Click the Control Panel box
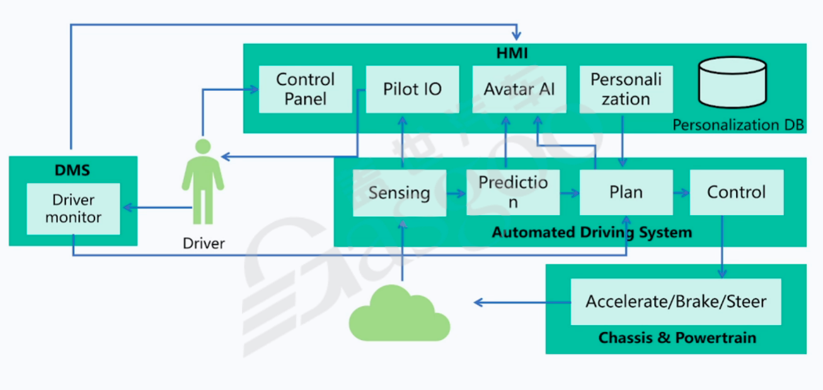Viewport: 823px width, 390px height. coord(306,89)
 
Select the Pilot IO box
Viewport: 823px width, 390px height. coord(412,89)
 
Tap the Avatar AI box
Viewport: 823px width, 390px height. coord(519,89)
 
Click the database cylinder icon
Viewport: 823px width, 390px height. coord(733,81)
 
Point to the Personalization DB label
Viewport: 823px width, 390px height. coord(738,124)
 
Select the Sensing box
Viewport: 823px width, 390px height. coord(400,192)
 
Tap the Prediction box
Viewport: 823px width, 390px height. coord(513,192)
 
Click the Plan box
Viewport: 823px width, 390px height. coord(626,192)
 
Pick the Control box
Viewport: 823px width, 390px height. coord(737,192)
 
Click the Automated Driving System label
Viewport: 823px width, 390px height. coord(592,232)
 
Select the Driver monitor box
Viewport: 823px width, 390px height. coord(73,209)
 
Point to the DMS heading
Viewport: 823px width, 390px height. coord(72,170)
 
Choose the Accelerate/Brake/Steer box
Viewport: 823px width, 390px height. coord(676,302)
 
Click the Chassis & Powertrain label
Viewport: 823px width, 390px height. coord(677,338)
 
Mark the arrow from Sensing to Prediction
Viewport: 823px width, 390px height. coord(456,193)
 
